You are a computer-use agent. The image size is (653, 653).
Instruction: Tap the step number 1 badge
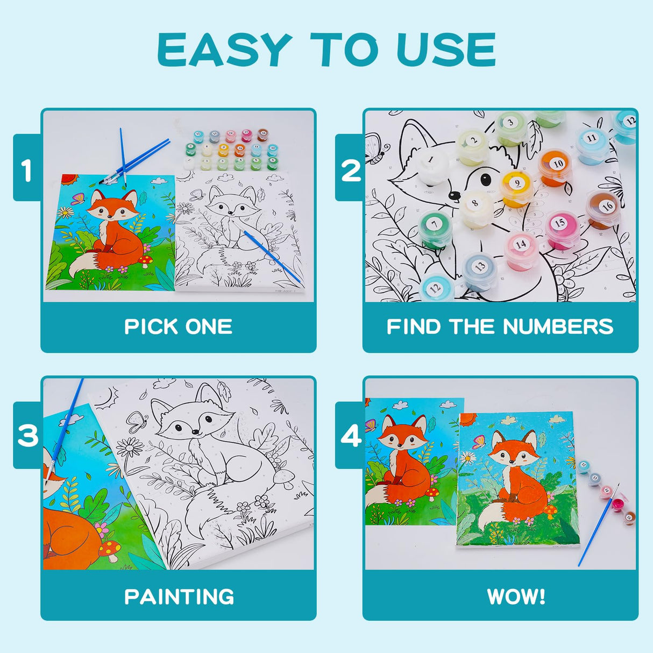27,171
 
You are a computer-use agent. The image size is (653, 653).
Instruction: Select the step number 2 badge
351,171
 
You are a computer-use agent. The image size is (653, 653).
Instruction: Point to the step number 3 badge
27,435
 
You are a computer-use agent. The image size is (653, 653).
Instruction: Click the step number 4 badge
351,436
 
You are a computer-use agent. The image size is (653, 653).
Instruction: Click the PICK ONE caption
178,326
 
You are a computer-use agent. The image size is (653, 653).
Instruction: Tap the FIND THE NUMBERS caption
500,326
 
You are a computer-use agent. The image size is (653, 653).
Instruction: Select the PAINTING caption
179,597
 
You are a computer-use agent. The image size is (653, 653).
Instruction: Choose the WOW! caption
516,597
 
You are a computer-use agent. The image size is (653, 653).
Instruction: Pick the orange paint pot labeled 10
556,166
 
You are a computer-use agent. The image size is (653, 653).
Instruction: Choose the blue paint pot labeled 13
480,270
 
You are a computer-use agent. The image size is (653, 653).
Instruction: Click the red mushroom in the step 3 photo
110,549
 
